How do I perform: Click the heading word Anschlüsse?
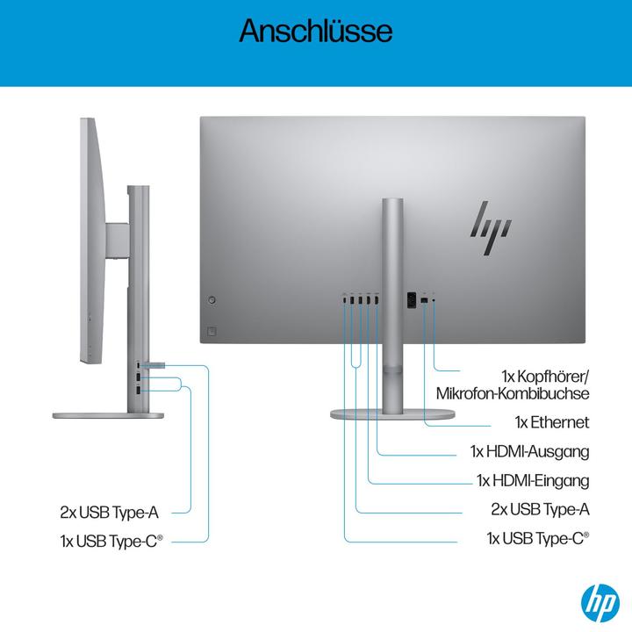[315, 32]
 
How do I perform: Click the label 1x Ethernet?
[552, 423]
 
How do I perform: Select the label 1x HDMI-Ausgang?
[529, 452]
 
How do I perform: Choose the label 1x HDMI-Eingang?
[532, 480]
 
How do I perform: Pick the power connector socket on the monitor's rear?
[408, 300]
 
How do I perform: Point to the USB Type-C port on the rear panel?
[344, 301]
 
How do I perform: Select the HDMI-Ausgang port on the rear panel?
[377, 301]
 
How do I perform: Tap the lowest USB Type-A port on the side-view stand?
[139, 389]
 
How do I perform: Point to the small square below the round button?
[211, 331]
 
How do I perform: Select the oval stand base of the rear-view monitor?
[393, 413]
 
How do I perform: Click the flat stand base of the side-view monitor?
[108, 417]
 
